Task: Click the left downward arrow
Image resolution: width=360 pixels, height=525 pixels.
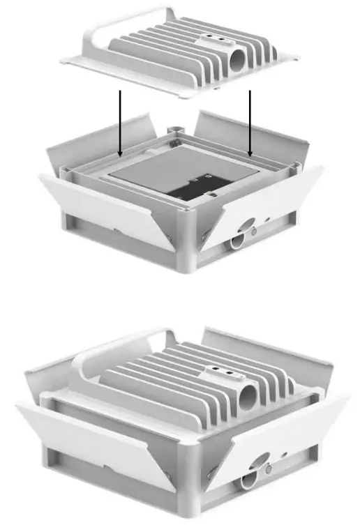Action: (x=121, y=122)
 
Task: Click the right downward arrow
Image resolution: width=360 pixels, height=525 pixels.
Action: (x=250, y=122)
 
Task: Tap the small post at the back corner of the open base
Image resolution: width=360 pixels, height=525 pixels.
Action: (x=176, y=129)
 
